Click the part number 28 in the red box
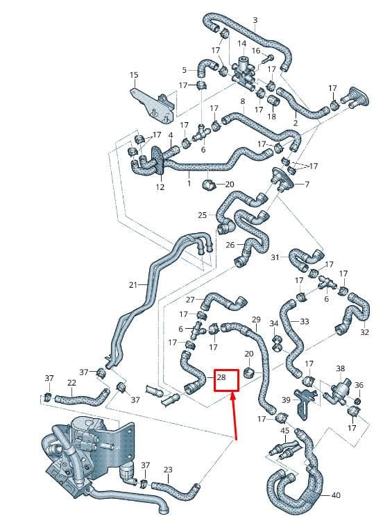pyautogui.click(x=221, y=377)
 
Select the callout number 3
pyautogui.click(x=255, y=20)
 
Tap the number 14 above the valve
pyautogui.click(x=241, y=44)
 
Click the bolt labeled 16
pyautogui.click(x=268, y=60)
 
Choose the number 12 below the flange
pyautogui.click(x=160, y=187)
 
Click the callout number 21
pyautogui.click(x=133, y=284)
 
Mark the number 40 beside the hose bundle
pyautogui.click(x=336, y=496)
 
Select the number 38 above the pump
pyautogui.click(x=341, y=368)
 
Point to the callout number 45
pyautogui.click(x=285, y=431)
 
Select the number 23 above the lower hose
pyautogui.click(x=168, y=470)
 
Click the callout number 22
pyautogui.click(x=71, y=383)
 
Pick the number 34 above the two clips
pyautogui.click(x=274, y=323)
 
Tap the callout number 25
pyautogui.click(x=203, y=215)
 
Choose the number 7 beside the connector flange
pyautogui.click(x=307, y=185)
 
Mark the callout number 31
pyautogui.click(x=275, y=257)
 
